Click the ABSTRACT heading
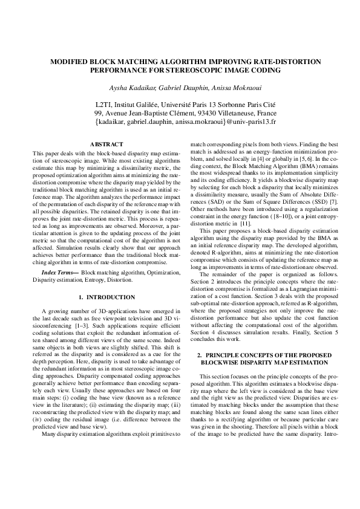106,144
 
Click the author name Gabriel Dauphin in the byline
177,87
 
